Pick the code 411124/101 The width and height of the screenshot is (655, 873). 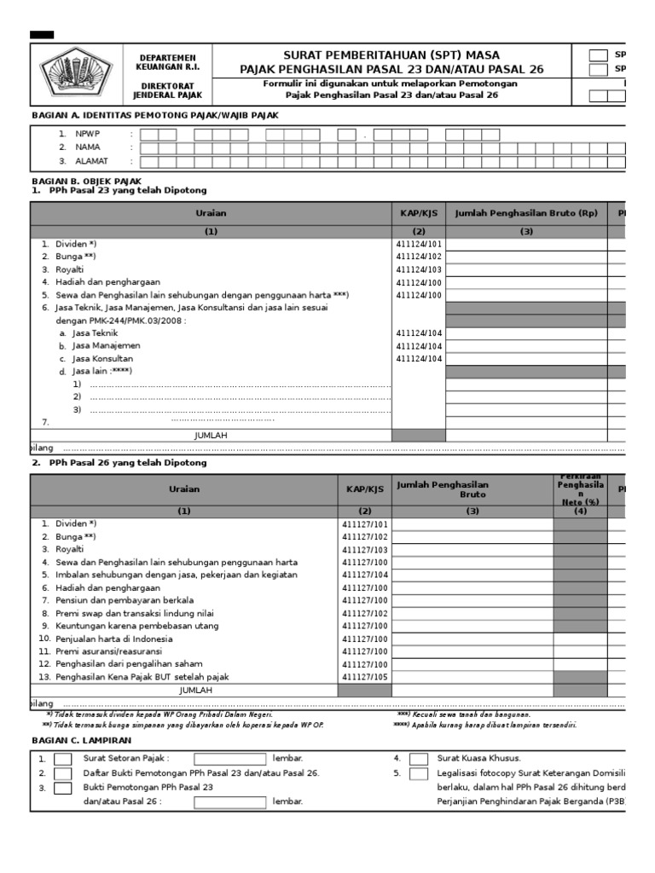(418, 244)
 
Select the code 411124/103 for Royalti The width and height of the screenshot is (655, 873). (418, 269)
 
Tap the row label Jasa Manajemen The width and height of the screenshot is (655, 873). (107, 346)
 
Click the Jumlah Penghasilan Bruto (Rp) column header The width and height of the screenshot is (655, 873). (526, 213)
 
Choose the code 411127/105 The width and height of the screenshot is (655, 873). (364, 677)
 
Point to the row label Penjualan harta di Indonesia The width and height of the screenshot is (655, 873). (113, 639)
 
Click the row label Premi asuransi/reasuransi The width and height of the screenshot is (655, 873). (110, 651)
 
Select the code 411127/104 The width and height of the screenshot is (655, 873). (364, 575)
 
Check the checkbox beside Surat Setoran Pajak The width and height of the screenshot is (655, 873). (63, 758)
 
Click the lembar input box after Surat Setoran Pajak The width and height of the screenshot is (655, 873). (229, 758)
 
